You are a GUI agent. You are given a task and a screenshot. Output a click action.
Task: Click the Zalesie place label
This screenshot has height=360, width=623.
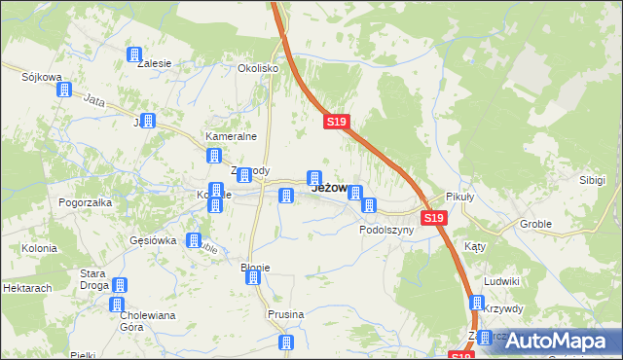155,63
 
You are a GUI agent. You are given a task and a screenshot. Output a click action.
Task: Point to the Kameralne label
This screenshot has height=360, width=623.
229,137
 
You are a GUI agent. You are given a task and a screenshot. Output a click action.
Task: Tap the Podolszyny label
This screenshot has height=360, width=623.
386,231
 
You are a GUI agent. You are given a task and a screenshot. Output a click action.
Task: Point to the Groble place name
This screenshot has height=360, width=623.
535,224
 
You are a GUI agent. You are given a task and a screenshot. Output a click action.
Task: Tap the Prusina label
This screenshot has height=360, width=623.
286,314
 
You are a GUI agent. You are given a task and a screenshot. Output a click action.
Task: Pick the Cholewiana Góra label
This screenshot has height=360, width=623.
145,321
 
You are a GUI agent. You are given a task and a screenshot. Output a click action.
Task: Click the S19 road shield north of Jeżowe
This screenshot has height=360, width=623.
336,122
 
